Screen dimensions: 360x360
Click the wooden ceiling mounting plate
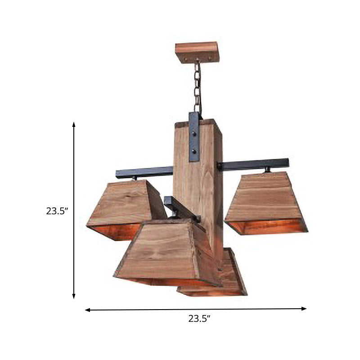pyautogui.click(x=197, y=52)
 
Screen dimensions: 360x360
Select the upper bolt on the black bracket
pyautogui.click(x=194, y=134)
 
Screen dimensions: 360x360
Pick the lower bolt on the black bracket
pyautogui.click(x=194, y=152)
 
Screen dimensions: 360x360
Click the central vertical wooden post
pyautogui.click(x=198, y=189)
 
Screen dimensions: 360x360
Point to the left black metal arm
pyautogui.click(x=144, y=171)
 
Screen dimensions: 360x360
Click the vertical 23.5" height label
pyautogui.click(x=57, y=210)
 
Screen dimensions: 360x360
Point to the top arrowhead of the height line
pyautogui.click(x=74, y=124)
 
